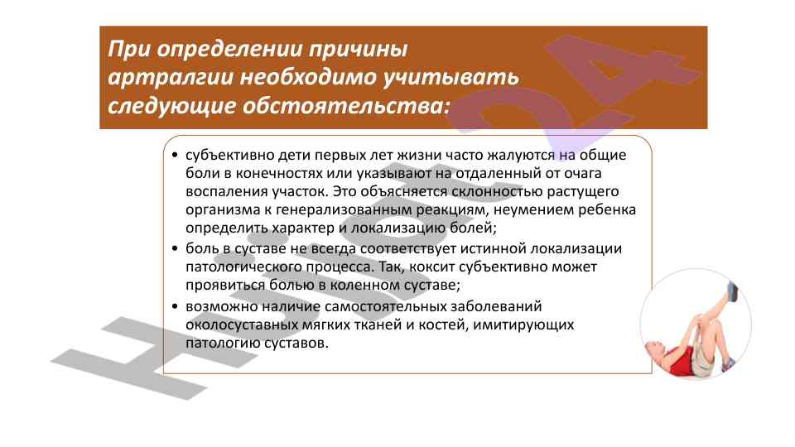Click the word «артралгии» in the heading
(x=171, y=78)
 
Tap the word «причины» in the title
(x=359, y=49)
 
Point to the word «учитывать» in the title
(x=450, y=78)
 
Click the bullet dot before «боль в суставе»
(x=175, y=249)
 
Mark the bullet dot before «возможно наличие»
(x=175, y=306)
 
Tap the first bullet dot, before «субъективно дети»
(x=175, y=155)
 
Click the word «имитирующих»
(x=523, y=324)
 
